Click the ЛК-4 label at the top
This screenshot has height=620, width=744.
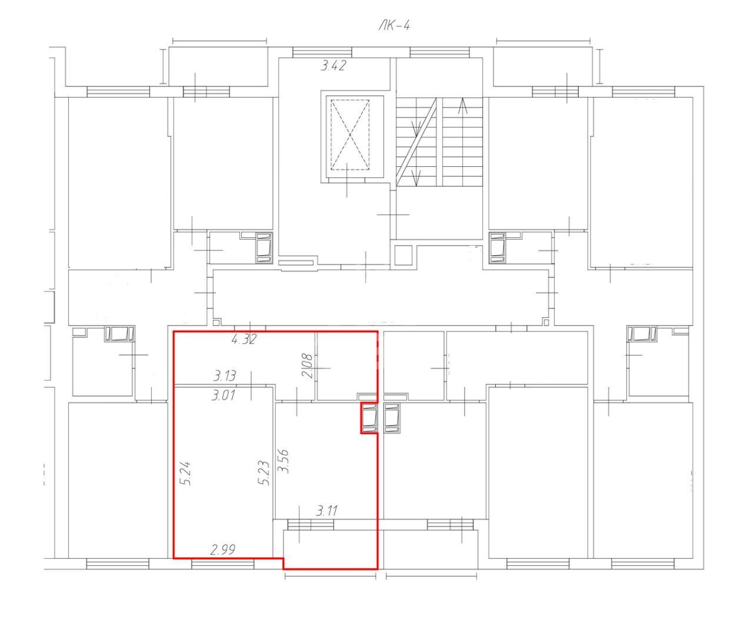[393, 26]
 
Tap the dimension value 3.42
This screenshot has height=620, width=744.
[333, 66]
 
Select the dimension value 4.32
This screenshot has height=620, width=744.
[244, 339]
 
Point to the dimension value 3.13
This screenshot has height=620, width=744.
[225, 376]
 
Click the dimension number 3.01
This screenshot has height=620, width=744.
[223, 396]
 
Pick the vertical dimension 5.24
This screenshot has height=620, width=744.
[186, 473]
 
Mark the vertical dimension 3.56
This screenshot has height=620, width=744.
[284, 461]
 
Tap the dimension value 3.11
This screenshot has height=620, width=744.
[326, 511]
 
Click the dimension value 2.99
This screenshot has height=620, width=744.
[223, 550]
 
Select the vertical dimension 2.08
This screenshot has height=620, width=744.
[307, 365]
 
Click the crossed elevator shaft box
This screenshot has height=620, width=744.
[350, 135]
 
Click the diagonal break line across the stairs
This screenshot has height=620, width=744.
[417, 142]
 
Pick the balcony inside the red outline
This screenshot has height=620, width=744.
[331, 549]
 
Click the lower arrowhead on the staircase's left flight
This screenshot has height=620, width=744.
[416, 177]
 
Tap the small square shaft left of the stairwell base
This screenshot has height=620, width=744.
[403, 256]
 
